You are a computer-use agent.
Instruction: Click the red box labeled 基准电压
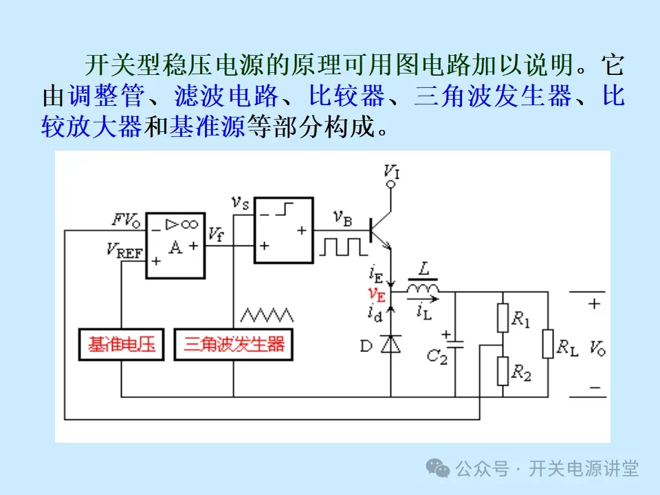(x=121, y=344)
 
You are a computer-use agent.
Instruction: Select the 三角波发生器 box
(x=233, y=344)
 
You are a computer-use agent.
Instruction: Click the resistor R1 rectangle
(x=503, y=319)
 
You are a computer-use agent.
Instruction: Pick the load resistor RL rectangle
(x=548, y=344)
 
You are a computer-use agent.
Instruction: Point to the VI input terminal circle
(x=391, y=184)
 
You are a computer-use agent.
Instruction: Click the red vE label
(x=376, y=294)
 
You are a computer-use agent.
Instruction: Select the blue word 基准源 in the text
(x=207, y=126)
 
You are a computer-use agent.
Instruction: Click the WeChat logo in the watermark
(x=438, y=468)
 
